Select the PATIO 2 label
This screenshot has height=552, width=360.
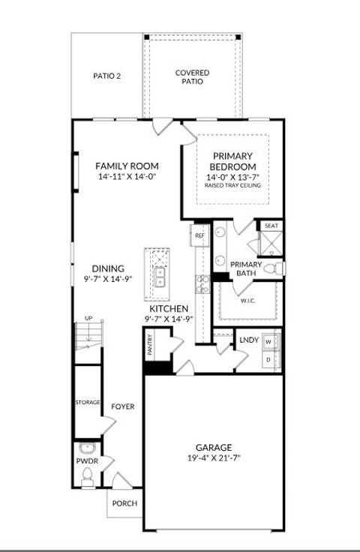[107, 76]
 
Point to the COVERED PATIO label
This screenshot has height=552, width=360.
[193, 76]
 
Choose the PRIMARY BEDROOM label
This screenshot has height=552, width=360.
[232, 161]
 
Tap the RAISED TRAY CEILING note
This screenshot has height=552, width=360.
[232, 184]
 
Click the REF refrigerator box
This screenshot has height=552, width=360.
[199, 236]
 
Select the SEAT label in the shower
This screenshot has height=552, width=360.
[270, 225]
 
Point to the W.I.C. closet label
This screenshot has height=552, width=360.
[248, 301]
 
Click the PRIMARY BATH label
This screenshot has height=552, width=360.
[245, 268]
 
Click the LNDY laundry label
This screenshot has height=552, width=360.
[249, 340]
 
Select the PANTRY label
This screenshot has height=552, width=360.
[150, 346]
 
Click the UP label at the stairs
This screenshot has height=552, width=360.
[88, 319]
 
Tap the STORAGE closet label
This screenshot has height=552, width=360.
[87, 403]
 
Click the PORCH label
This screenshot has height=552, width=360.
[124, 503]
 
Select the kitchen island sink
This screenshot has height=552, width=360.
[160, 277]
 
